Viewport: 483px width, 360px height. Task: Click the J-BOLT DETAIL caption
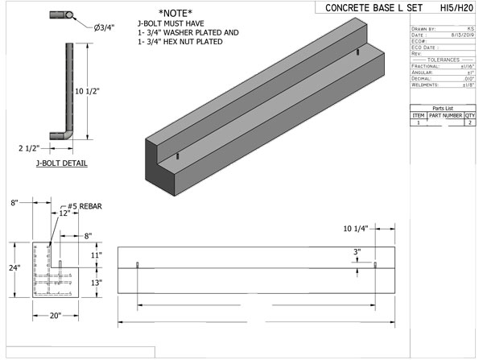62,163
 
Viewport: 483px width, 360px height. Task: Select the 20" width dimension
56,315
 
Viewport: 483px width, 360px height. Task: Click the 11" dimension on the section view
95,254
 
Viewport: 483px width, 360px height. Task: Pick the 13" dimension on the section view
95,283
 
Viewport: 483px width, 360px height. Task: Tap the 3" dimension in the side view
356,251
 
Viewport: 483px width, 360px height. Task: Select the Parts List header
445,108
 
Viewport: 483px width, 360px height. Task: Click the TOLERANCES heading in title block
444,59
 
